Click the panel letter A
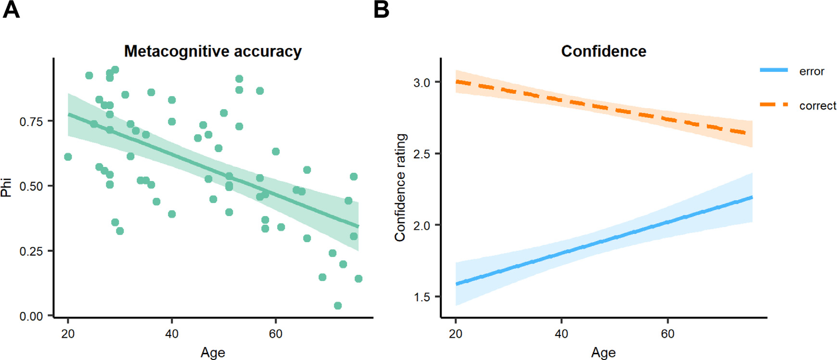click(x=11, y=10)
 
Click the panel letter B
click(x=381, y=10)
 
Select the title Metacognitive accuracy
click(x=213, y=51)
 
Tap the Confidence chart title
click(x=603, y=51)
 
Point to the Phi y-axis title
click(x=6, y=187)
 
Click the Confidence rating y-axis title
click(x=400, y=187)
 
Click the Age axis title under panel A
click(x=213, y=352)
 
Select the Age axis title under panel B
click(x=603, y=352)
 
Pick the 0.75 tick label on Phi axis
click(x=31, y=122)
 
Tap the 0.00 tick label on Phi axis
click(x=31, y=316)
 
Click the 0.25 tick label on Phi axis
click(x=31, y=251)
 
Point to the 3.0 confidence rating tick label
click(x=421, y=83)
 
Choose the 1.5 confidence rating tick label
click(x=421, y=297)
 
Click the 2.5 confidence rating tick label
click(x=421, y=154)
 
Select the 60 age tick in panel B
click(x=667, y=334)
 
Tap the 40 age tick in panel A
click(x=172, y=334)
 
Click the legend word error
click(x=812, y=71)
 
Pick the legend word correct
click(x=818, y=106)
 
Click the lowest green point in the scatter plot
click(x=338, y=306)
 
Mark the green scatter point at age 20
click(x=68, y=157)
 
